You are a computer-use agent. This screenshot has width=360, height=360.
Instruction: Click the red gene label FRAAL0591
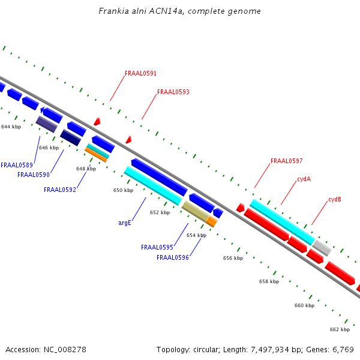[x=140, y=74]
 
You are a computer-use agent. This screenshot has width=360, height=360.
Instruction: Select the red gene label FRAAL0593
[x=173, y=92]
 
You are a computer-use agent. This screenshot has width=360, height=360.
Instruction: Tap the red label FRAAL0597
[x=286, y=161]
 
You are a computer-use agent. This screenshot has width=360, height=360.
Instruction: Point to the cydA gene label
[x=304, y=179]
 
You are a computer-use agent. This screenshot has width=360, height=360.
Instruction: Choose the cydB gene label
[x=335, y=199]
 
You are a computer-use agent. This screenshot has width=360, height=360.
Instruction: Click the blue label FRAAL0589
[x=16, y=165]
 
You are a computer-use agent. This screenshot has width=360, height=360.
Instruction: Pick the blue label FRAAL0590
[x=33, y=175]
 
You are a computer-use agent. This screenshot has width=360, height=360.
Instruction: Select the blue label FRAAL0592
[x=59, y=190]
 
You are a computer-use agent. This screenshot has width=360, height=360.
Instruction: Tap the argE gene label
[x=125, y=223]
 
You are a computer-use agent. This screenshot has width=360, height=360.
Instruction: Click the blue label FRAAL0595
[x=157, y=247]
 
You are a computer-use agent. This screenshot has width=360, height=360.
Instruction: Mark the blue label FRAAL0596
[x=172, y=257]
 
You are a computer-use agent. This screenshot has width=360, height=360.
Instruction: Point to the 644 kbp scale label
[x=11, y=127]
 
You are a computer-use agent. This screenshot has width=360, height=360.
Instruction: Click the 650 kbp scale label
[x=123, y=190]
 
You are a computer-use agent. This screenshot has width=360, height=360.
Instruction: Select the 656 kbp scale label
[x=233, y=258]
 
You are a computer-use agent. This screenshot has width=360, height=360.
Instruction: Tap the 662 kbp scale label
[x=340, y=329]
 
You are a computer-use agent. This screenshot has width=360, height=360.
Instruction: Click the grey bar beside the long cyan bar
[x=322, y=247]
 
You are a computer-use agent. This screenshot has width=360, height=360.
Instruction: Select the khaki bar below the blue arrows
[x=195, y=211]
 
